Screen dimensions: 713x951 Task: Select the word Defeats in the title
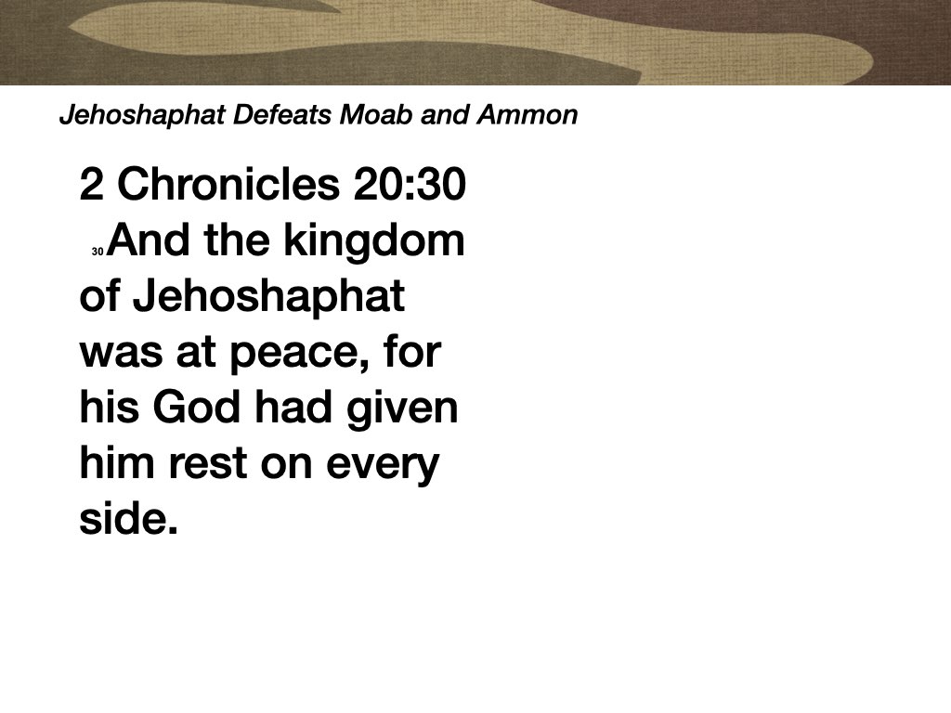click(x=288, y=115)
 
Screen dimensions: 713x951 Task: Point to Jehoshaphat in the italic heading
click(x=142, y=115)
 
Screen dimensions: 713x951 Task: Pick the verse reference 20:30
click(x=410, y=186)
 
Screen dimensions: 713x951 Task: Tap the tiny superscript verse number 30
click(x=98, y=252)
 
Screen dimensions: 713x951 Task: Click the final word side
click(x=127, y=519)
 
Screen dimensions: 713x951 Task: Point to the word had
click(x=289, y=408)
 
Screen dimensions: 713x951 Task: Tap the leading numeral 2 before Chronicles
click(x=91, y=186)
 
